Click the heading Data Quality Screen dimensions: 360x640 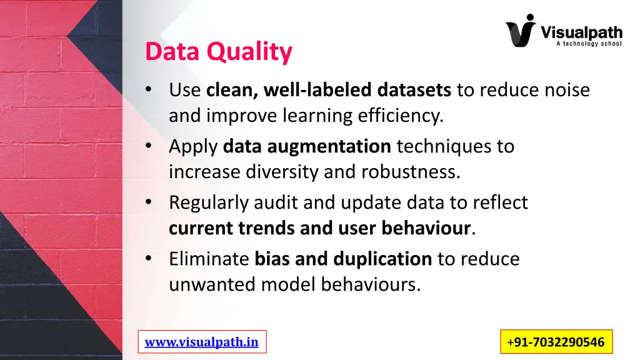point(218,52)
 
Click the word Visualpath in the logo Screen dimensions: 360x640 point(581,31)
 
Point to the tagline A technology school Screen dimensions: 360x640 point(588,44)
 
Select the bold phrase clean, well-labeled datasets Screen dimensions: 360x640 point(329,90)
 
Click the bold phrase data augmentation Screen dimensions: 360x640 point(307,146)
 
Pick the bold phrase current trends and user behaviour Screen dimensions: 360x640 point(319,228)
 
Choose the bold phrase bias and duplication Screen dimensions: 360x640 point(343,259)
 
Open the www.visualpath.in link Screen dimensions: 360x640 point(201,342)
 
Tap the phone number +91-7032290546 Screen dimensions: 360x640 point(556,342)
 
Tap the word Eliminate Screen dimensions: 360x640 point(209,259)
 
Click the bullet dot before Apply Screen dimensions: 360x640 point(148,146)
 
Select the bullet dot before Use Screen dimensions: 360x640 point(148,89)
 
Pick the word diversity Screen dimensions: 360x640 point(283,172)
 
